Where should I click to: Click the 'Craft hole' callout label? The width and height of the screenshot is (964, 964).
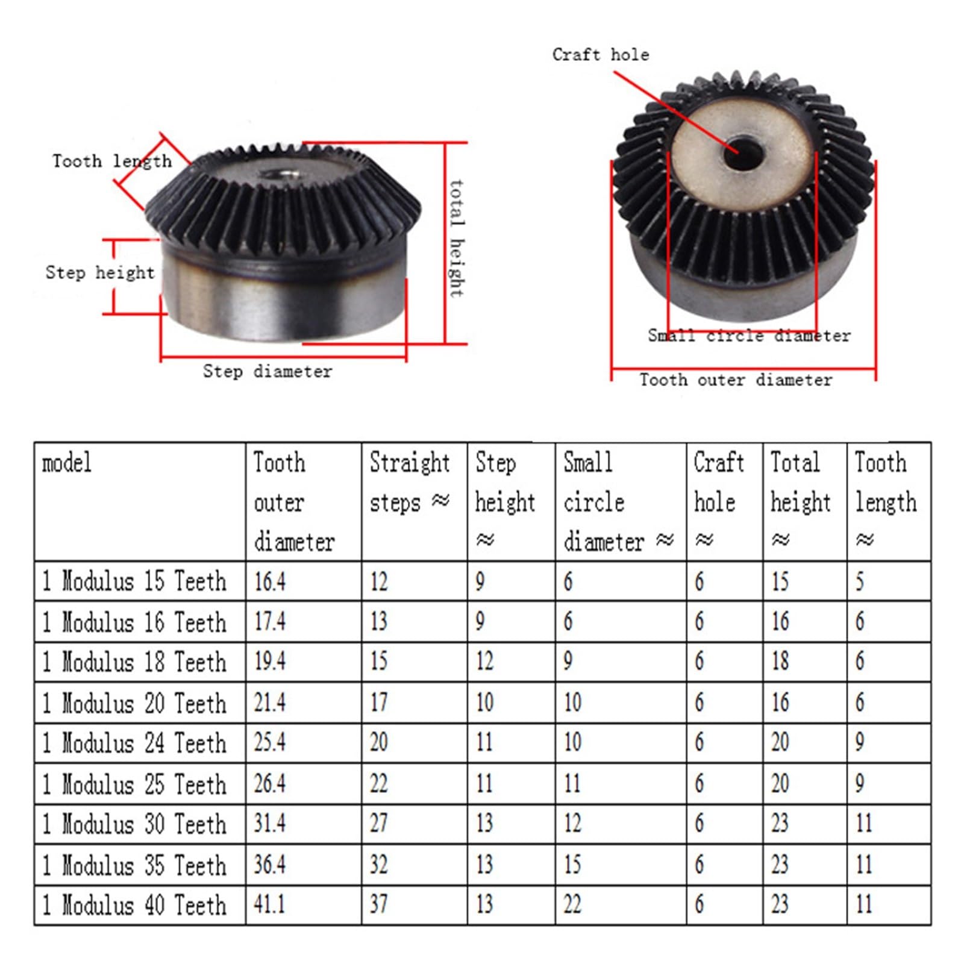tap(601, 55)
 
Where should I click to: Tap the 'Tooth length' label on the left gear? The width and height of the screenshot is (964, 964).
tap(111, 161)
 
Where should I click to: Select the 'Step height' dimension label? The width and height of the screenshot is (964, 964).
tap(100, 272)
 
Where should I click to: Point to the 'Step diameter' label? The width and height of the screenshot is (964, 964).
tap(267, 371)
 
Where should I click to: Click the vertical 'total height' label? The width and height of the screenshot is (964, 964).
tap(457, 239)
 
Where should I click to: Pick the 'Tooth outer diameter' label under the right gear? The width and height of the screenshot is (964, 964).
tap(736, 380)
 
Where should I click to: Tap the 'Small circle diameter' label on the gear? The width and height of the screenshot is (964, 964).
tap(749, 336)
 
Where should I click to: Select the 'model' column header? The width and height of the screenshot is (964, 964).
tap(67, 463)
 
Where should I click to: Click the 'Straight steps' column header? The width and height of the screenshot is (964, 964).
tap(410, 482)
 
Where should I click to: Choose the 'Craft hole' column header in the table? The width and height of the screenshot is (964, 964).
tap(718, 482)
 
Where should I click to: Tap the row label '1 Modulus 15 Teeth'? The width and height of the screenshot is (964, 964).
tap(134, 581)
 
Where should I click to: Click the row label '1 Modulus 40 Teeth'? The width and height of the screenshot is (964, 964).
tap(134, 905)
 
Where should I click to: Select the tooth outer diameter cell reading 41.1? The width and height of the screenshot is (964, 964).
tap(269, 905)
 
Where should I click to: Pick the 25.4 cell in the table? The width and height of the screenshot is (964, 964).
tap(269, 742)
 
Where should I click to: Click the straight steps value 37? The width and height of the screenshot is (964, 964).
tap(378, 905)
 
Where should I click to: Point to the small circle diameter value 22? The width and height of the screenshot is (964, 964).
tap(572, 905)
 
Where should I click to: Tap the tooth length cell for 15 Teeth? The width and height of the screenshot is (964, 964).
tap(860, 581)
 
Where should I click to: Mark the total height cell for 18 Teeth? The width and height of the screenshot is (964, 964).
tap(780, 662)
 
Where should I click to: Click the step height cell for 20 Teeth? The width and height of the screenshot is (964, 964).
tap(484, 703)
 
